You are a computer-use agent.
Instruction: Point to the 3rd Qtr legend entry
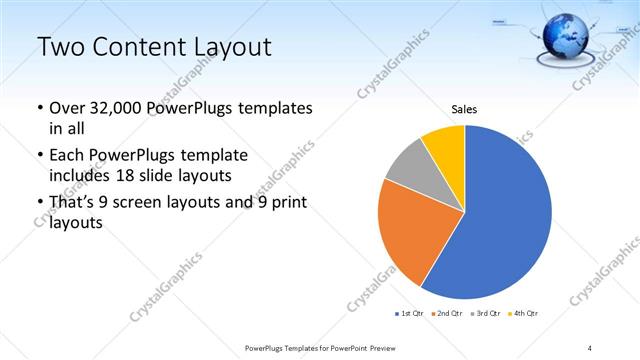coord(487,314)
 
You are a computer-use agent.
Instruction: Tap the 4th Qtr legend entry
coord(524,314)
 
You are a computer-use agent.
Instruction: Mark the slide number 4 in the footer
coord(590,347)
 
